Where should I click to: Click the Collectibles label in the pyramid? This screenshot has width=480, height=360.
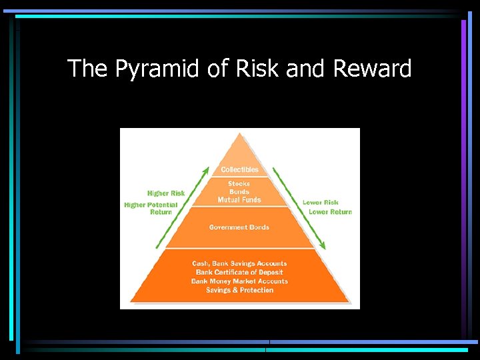[x=239, y=169]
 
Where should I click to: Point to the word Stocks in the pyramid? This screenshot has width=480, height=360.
[x=239, y=183]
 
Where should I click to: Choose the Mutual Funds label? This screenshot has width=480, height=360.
[x=239, y=199]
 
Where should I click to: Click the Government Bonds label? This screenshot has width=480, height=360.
[x=239, y=227]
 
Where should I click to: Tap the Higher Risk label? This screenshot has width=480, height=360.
[x=166, y=193]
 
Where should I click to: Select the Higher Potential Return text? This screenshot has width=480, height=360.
[x=151, y=208]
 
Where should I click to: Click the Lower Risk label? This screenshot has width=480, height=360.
[x=321, y=202]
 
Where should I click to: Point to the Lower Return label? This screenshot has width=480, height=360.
[x=330, y=212]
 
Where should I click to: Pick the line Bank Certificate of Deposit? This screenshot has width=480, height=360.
[x=239, y=272]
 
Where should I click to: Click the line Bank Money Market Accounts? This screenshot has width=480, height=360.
[x=239, y=281]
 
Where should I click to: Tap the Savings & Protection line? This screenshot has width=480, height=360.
[x=239, y=291]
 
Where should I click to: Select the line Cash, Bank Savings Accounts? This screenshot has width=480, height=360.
[x=239, y=263]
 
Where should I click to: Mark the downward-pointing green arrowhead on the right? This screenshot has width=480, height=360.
[x=322, y=245]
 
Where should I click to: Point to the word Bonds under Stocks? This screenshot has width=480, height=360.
[x=239, y=191]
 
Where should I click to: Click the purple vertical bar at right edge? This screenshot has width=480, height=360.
[x=463, y=133]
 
